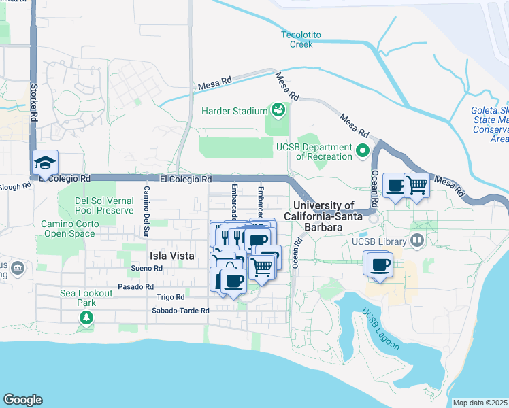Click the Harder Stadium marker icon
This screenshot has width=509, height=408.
(278, 109)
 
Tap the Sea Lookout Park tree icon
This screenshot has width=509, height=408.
(86, 317)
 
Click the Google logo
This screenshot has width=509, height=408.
(22, 400)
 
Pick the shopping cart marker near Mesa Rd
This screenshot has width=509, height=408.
(416, 185)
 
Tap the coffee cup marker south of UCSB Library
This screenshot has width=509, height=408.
(380, 264)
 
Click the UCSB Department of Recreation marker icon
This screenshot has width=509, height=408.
(363, 150)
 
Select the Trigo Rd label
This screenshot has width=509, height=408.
(170, 297)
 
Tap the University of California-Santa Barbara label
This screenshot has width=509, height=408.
(323, 217)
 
